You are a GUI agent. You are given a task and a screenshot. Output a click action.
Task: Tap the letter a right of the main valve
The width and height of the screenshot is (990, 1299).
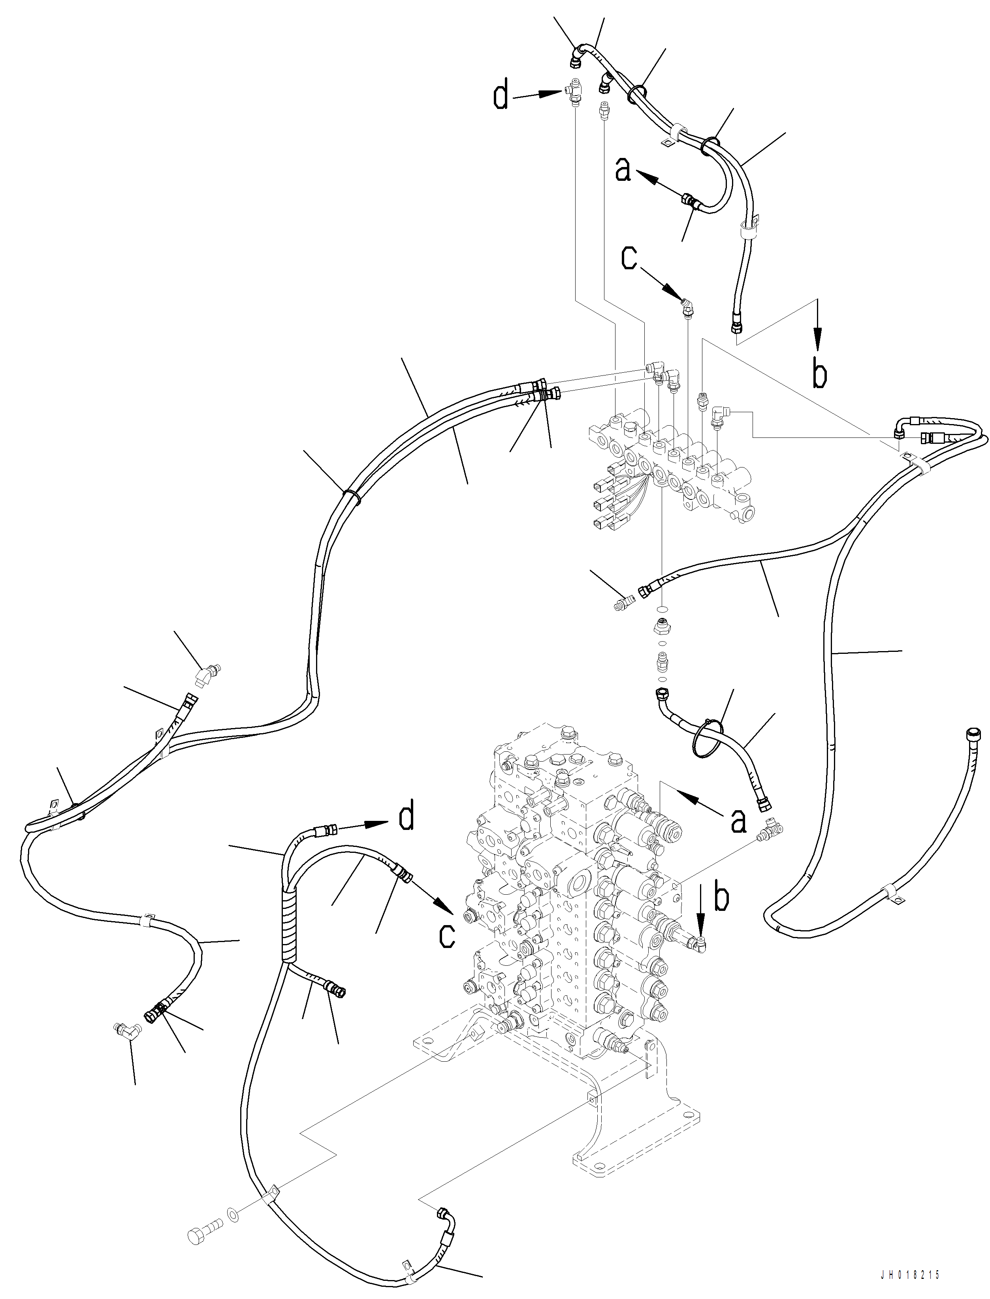pyautogui.click(x=738, y=820)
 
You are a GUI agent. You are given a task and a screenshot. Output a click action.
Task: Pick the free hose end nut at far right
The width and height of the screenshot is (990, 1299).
pyautogui.click(x=972, y=733)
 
